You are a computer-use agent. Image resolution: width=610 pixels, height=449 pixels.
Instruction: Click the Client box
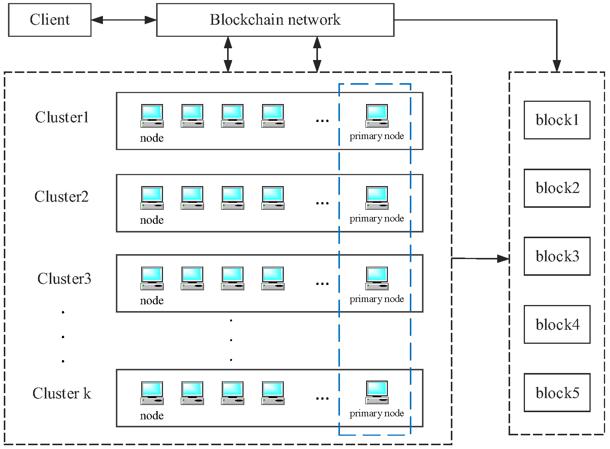click(50, 20)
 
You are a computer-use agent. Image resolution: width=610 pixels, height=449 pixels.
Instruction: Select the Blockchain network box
click(275, 20)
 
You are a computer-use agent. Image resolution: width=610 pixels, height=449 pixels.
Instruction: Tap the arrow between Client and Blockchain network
click(124, 20)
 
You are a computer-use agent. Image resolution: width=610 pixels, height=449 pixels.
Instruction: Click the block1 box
click(557, 120)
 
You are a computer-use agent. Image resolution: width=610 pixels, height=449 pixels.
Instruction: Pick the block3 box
click(557, 256)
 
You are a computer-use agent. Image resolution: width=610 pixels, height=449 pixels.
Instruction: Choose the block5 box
click(557, 393)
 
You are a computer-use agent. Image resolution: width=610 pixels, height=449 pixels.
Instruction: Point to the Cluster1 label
click(62, 117)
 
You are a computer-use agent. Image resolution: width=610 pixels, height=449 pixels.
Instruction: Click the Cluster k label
click(62, 394)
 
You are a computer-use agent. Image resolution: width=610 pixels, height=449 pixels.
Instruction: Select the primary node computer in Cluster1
click(377, 116)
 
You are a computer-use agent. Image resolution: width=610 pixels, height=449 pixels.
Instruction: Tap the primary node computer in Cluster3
click(377, 278)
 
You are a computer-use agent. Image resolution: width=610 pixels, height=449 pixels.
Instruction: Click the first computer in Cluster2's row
click(152, 198)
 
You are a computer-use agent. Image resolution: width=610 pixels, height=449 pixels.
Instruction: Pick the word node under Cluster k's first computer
click(152, 416)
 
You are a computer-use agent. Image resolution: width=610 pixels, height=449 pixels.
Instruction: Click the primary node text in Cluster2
click(377, 218)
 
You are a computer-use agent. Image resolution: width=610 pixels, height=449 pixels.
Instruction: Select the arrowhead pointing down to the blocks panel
click(557, 66)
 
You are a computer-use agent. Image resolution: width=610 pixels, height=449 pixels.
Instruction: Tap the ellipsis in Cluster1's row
click(322, 121)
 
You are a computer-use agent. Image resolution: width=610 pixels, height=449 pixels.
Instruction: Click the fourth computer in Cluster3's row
click(273, 278)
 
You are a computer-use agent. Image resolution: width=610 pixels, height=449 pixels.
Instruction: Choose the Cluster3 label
click(64, 279)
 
